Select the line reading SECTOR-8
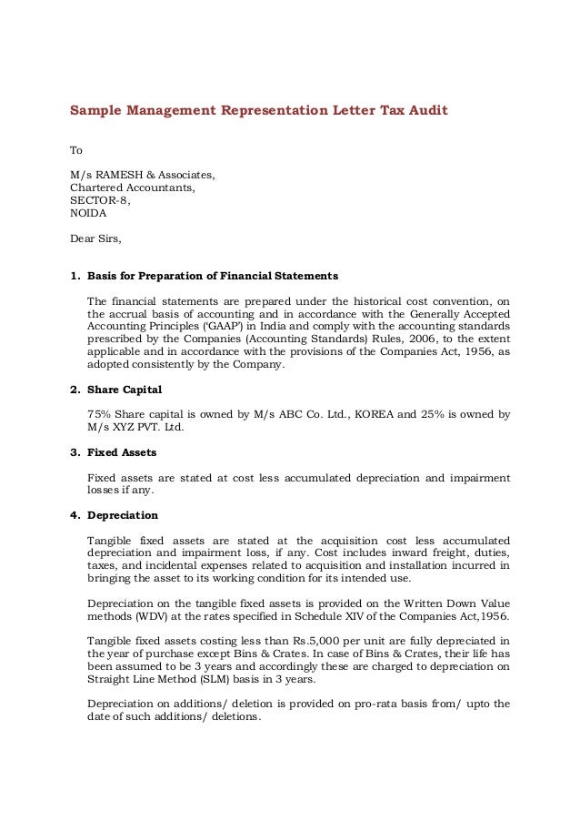100,201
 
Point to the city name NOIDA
88,214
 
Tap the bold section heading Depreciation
123,515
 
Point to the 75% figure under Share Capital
98,414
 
